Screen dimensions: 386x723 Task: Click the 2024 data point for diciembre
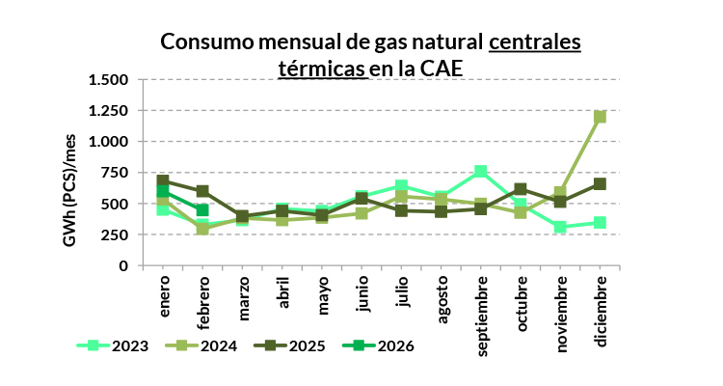600,117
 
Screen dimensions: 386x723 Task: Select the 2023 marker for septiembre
480,172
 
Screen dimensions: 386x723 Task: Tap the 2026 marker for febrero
202,210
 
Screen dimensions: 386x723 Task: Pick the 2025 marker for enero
163,180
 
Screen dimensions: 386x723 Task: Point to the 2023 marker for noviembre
560,227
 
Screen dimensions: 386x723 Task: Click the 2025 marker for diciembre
600,183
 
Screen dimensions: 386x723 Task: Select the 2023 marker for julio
401,186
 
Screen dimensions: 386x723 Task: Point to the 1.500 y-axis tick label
107,80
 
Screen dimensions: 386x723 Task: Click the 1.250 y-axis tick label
107,111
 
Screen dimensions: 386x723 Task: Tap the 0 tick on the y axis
123,265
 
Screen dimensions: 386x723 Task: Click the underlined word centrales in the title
535,42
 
